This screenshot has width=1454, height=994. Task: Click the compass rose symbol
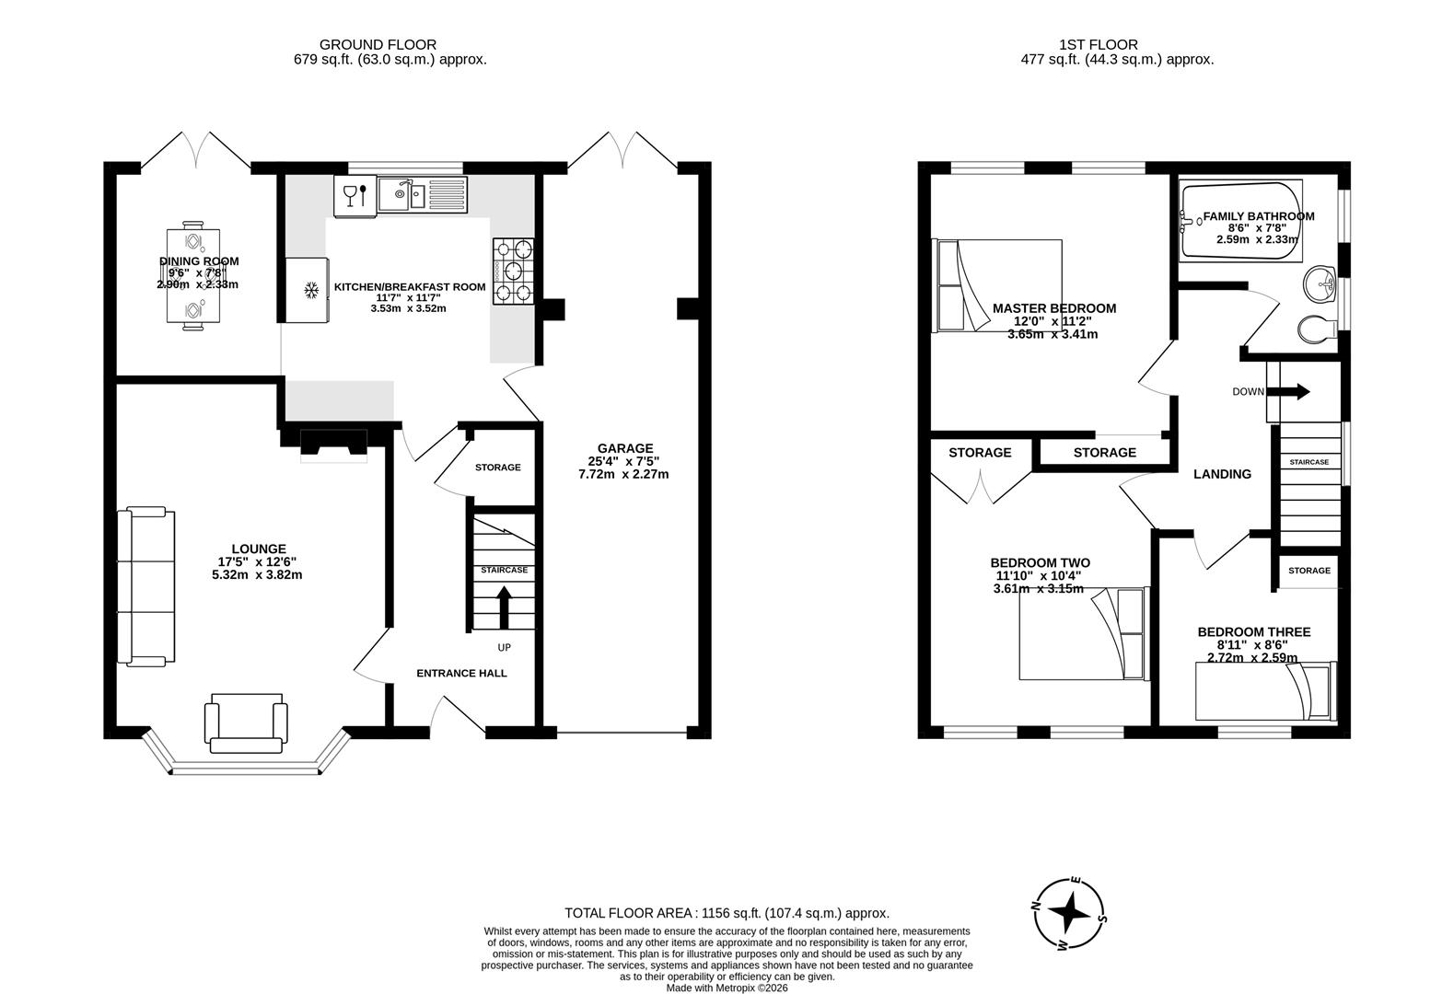1069,914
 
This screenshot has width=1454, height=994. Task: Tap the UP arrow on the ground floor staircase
503,606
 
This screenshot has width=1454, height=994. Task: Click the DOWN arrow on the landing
1294,392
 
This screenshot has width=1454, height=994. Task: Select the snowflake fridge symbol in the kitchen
311,291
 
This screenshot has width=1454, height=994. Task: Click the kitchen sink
401,194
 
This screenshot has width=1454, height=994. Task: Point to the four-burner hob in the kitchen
515,271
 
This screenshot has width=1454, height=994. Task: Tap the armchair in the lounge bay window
246,723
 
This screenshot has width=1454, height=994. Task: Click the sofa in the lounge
145,585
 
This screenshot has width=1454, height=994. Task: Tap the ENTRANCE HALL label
461,673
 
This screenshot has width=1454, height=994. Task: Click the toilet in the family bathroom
1317,328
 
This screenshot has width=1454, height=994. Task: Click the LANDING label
1222,474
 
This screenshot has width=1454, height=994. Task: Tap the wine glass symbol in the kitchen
349,195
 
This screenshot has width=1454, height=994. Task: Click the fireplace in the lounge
333,445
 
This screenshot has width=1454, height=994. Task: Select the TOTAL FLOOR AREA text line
727,913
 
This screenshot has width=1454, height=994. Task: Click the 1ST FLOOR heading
1098,44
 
